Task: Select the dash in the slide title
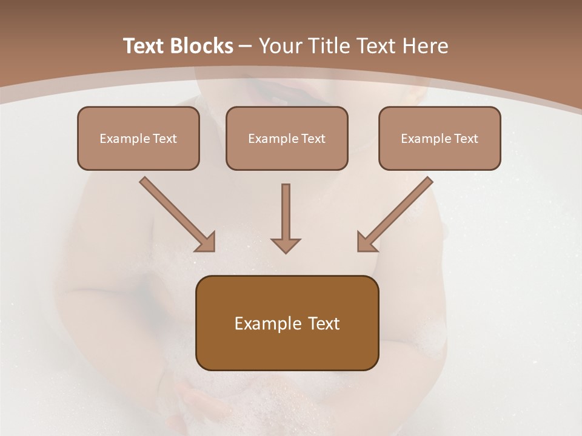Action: tap(246, 46)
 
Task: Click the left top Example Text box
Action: tap(138, 138)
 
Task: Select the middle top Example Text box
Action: tap(287, 138)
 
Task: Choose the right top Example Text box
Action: tap(440, 138)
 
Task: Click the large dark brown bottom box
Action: tap(287, 323)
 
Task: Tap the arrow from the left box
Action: tap(176, 213)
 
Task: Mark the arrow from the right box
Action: tap(396, 213)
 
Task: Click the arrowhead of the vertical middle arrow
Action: tap(286, 245)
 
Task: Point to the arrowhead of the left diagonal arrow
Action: tap(206, 242)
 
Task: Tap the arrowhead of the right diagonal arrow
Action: tap(366, 242)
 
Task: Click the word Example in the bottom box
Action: tap(268, 323)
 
